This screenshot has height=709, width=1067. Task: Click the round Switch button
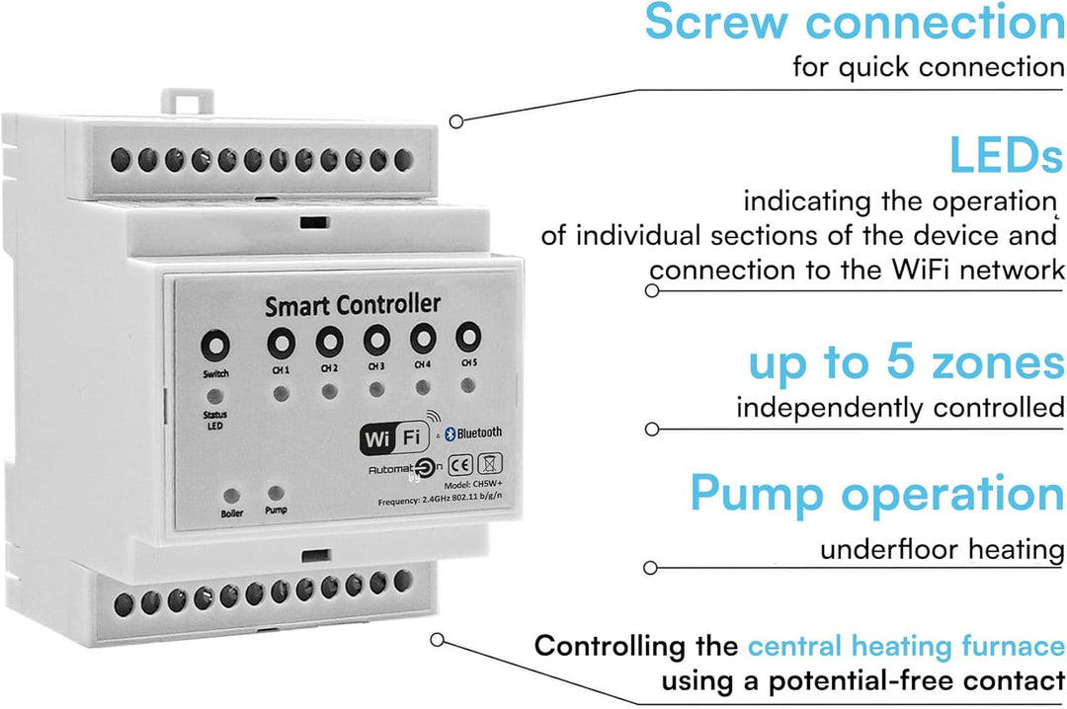click(x=215, y=346)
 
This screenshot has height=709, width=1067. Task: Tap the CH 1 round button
click(x=281, y=344)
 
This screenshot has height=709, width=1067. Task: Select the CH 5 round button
click(x=468, y=336)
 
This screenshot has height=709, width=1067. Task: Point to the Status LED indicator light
click(x=215, y=395)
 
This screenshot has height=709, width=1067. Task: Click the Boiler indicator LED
click(x=232, y=496)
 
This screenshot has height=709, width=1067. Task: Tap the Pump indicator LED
click(x=276, y=493)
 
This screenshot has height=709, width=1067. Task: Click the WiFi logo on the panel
click(x=394, y=437)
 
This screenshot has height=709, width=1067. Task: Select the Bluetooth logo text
click(x=473, y=433)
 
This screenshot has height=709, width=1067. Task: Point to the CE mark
click(x=460, y=465)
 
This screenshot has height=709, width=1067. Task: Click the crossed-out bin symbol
click(x=489, y=463)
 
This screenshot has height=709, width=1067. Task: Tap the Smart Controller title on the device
click(x=353, y=305)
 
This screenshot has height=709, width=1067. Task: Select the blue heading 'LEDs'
click(x=1005, y=155)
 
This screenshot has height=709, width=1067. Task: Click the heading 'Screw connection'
click(x=855, y=23)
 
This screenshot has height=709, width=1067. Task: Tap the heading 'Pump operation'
click(x=877, y=494)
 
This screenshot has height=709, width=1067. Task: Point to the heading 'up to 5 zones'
click(x=906, y=363)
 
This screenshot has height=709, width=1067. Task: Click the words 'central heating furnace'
click(x=906, y=646)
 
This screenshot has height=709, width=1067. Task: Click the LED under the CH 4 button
click(x=423, y=387)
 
